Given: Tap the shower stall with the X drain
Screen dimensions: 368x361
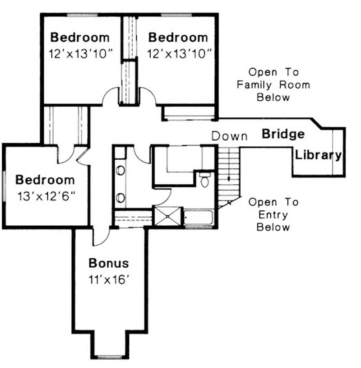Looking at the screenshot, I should (168, 216).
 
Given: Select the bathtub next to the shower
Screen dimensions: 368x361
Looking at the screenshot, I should (198, 217).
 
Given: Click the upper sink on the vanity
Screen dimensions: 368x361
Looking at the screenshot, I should (120, 171).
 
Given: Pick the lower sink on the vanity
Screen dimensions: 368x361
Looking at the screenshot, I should (120, 197).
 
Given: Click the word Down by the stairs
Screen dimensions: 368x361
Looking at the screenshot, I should (230, 135).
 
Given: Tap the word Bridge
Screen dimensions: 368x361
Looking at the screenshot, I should (283, 134).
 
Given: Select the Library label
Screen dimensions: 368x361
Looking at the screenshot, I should (318, 155).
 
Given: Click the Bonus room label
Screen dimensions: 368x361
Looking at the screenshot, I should (108, 263).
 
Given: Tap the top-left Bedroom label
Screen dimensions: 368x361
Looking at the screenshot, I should (80, 37).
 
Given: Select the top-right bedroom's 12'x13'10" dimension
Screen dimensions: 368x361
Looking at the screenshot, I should (179, 54).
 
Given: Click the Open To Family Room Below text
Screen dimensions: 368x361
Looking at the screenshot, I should (273, 84).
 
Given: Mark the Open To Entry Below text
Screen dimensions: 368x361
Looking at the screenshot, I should (273, 214).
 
